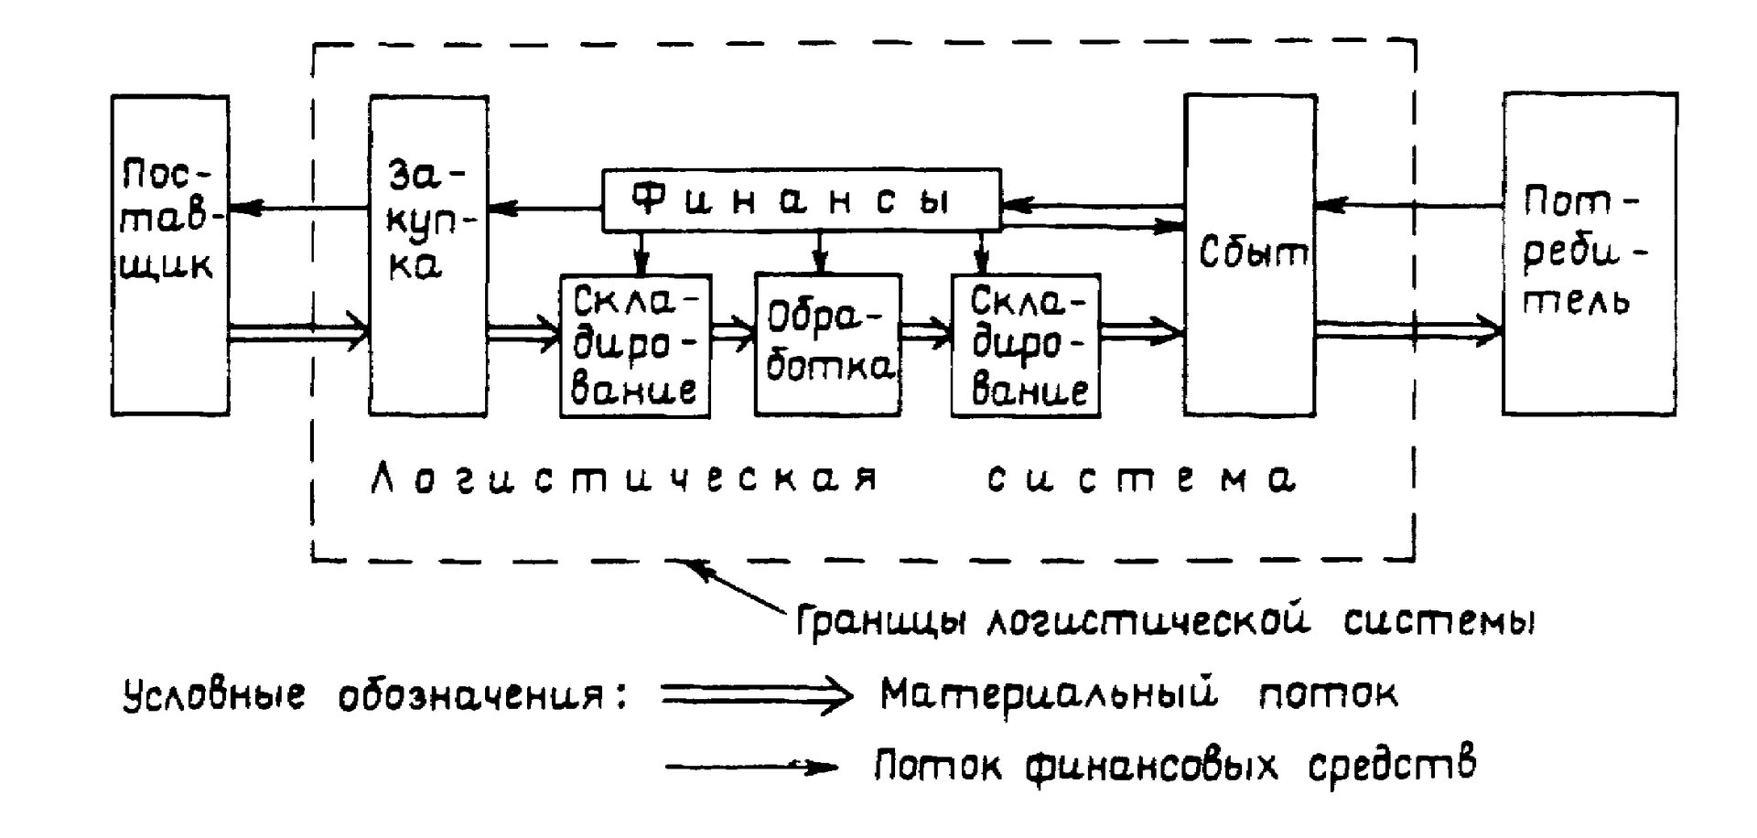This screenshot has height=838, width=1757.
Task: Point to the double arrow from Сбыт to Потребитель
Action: pyautogui.click(x=1410, y=331)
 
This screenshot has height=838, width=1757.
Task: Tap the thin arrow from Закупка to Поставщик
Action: pyautogui.click(x=299, y=209)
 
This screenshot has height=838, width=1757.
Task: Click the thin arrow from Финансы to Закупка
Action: pyautogui.click(x=545, y=209)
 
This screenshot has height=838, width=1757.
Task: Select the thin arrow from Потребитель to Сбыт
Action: pyautogui.click(x=1410, y=206)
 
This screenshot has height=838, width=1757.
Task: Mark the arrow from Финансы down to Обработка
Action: pyautogui.click(x=820, y=252)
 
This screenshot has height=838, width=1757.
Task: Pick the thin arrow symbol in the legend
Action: pyautogui.click(x=750, y=767)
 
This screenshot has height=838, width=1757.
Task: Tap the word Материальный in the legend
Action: pyautogui.click(x=1049, y=694)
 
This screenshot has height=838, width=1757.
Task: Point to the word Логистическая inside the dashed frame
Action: pyautogui.click(x=625, y=478)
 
